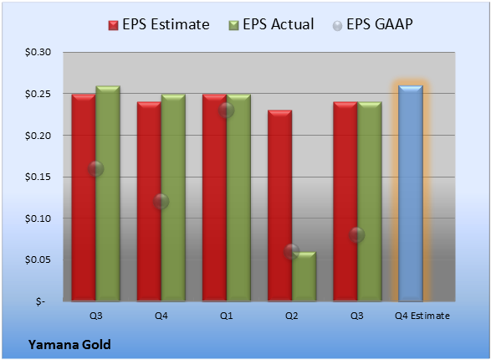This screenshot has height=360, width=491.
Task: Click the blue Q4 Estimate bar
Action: click(x=411, y=193)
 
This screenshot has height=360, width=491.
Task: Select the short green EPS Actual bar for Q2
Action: click(x=304, y=276)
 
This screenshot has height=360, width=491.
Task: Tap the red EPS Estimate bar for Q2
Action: click(x=279, y=206)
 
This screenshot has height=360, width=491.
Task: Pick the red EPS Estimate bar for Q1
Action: click(x=214, y=198)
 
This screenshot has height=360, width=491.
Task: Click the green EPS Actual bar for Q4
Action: click(x=173, y=198)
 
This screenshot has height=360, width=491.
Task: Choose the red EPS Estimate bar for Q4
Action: click(x=149, y=202)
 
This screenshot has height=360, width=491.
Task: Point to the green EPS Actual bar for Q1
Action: click(x=238, y=198)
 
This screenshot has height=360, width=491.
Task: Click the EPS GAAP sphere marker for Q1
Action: click(x=226, y=111)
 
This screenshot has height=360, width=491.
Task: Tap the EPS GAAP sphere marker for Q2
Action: click(x=292, y=251)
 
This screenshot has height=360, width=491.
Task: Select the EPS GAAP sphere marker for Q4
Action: click(x=161, y=202)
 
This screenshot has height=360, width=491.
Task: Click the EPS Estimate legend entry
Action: click(x=159, y=24)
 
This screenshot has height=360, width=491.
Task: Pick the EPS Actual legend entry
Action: click(x=271, y=24)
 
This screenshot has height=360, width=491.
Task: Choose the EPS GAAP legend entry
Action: click(x=372, y=24)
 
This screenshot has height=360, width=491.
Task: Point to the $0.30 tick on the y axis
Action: click(x=38, y=52)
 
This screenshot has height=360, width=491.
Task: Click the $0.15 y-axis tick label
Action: click(x=38, y=177)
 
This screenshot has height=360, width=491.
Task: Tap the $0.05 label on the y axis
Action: click(x=38, y=260)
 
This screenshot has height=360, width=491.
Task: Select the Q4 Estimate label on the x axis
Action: click(x=422, y=316)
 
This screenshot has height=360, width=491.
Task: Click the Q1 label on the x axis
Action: click(x=226, y=316)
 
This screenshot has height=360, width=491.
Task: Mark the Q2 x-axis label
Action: click(x=292, y=316)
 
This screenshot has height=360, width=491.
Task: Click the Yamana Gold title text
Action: click(x=69, y=344)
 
